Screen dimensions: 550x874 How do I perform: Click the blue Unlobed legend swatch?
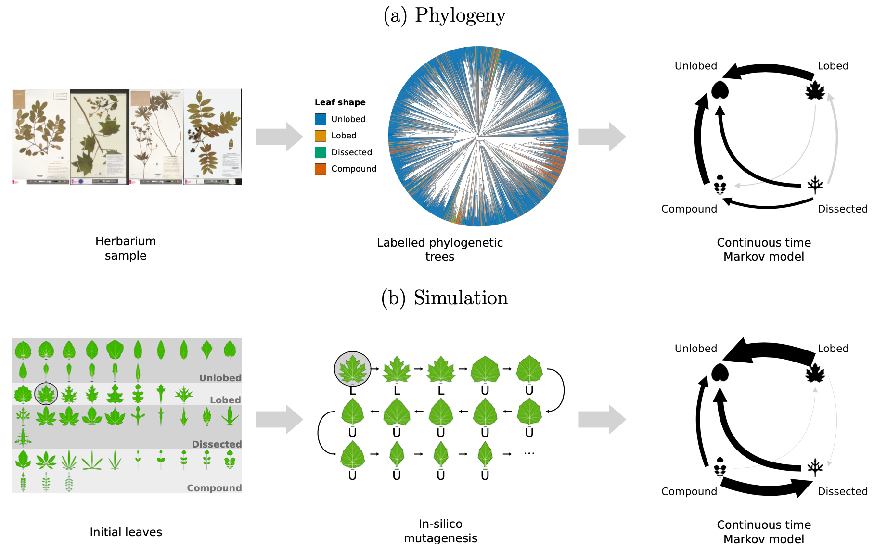coord(321,119)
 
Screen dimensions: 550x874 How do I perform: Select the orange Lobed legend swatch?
coord(321,136)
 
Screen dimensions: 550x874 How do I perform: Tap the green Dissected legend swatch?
coord(321,152)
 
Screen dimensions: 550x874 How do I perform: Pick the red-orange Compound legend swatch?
coord(321,169)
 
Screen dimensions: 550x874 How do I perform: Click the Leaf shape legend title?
coord(340,102)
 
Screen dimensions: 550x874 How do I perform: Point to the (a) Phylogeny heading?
coord(444,15)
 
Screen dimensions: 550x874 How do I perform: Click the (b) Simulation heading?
coord(444,298)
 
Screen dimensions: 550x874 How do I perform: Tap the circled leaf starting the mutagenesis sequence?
coord(353,369)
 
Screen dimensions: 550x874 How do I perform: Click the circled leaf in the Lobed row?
coord(46,394)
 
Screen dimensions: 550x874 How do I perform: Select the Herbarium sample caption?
coord(126,248)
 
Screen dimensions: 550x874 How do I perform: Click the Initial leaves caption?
coord(126,532)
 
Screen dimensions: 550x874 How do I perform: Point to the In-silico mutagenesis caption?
coord(440,531)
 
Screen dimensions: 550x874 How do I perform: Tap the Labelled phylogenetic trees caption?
coord(440,249)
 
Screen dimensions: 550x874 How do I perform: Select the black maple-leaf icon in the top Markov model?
coord(815,91)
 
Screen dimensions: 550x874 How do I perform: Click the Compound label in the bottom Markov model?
coord(689,491)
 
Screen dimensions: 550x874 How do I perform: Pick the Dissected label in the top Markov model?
coord(842,209)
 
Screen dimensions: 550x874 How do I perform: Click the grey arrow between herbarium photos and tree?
coord(279,137)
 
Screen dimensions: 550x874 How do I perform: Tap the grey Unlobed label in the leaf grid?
coord(220,378)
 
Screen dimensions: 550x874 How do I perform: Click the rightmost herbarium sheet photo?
coord(212,137)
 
